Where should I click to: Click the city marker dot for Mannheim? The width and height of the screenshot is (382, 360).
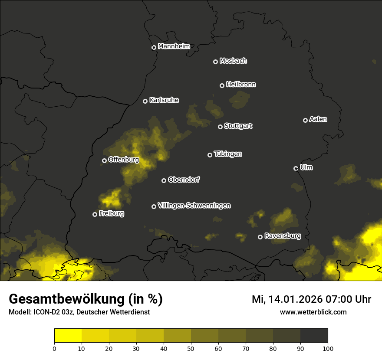(x=154, y=48)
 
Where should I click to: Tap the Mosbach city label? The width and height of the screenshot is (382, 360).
(x=233, y=61)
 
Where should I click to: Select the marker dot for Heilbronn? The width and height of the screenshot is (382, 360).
(x=222, y=85)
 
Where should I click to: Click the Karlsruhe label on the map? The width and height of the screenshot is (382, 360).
(x=164, y=100)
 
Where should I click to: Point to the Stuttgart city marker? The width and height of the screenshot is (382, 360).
(x=220, y=127)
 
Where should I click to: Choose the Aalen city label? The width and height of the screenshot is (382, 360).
(x=318, y=119)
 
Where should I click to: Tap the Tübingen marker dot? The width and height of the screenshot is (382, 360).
(x=210, y=155)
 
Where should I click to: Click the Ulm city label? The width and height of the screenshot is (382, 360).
(x=306, y=167)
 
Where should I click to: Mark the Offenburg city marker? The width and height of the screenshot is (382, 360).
(x=104, y=160)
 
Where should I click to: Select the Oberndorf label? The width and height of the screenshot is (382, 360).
(x=184, y=180)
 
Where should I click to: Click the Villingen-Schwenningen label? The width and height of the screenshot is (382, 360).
(x=194, y=206)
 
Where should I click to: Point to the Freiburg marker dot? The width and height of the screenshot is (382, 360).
(x=95, y=214)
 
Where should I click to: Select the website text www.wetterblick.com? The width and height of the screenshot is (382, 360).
(x=313, y=312)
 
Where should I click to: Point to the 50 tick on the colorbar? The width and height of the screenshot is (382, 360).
(x=191, y=348)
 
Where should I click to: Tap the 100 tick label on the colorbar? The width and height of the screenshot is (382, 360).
(x=328, y=348)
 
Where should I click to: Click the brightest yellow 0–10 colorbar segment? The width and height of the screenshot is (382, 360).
(x=68, y=336)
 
